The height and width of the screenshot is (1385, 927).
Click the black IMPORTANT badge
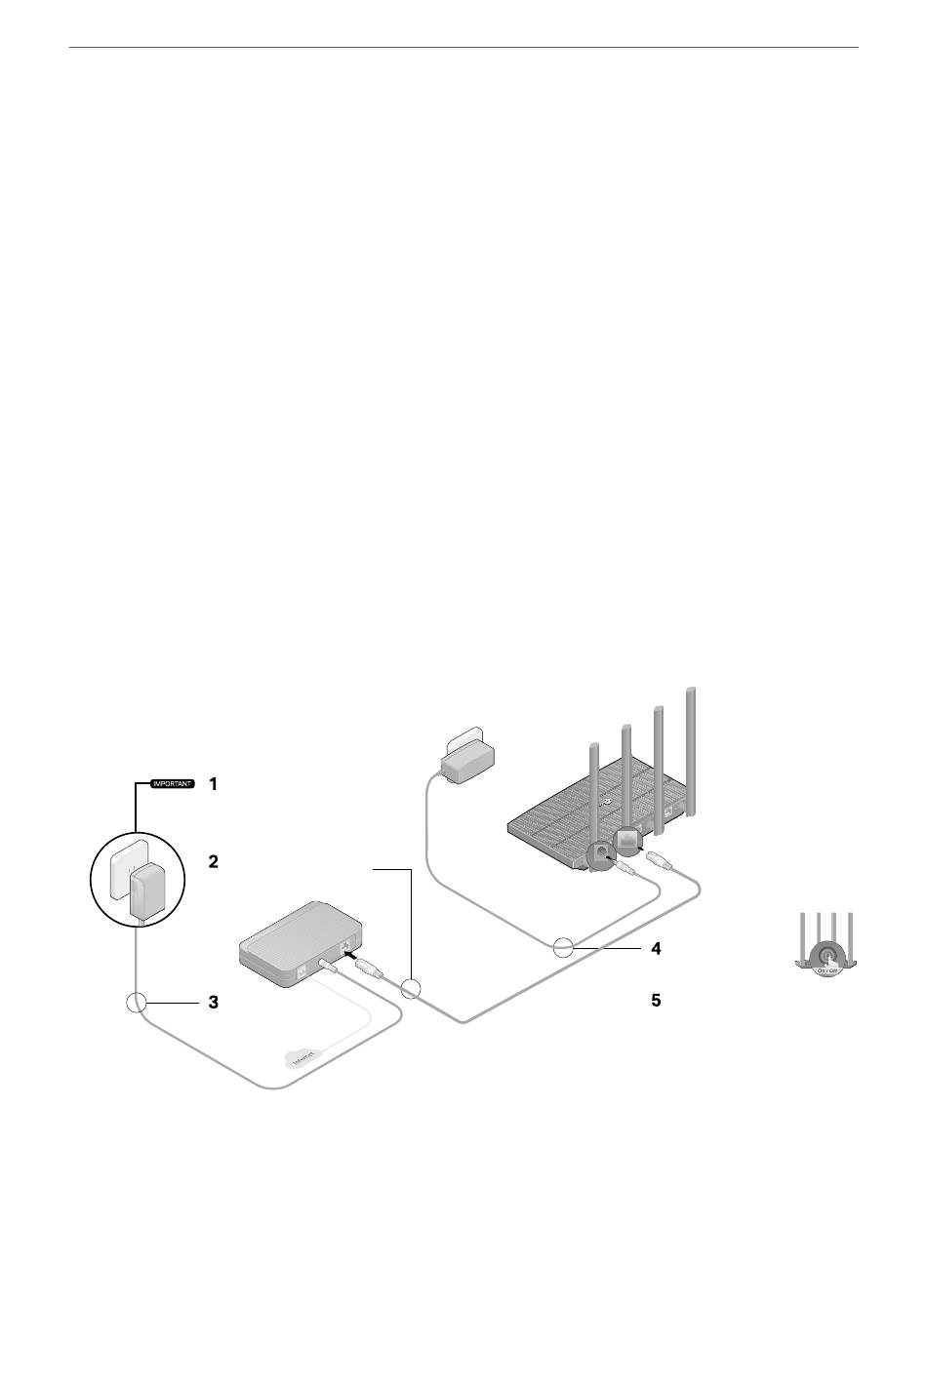(173, 783)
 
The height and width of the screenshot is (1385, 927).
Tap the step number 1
(214, 783)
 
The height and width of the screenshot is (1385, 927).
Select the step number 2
(214, 862)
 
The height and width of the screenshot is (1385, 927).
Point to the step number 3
(214, 1002)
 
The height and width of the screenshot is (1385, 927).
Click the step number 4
(657, 948)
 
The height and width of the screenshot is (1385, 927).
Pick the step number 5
(657, 1002)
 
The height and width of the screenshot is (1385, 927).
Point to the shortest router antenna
(591, 790)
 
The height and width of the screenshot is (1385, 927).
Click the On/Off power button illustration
(827, 955)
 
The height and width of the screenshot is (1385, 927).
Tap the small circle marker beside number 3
(137, 1002)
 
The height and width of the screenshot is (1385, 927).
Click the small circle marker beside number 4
(562, 947)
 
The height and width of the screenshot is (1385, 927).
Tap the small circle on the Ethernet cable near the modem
(411, 988)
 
